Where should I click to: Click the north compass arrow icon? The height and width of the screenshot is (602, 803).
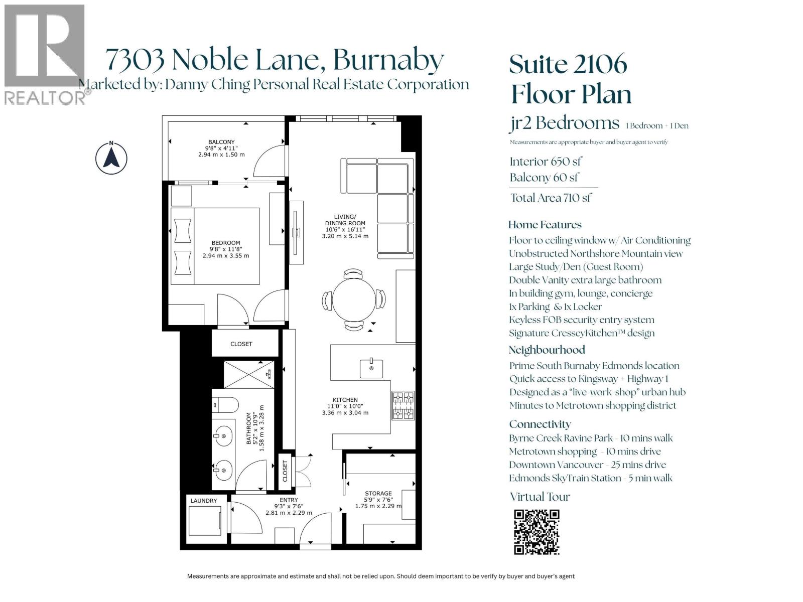111,158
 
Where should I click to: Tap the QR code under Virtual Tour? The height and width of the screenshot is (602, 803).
537,532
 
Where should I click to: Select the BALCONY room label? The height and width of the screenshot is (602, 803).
221,142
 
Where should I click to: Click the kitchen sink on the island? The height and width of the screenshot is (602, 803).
371,368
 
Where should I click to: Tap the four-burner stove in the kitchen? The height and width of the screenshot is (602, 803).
404,405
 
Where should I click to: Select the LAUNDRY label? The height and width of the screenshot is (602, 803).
204,501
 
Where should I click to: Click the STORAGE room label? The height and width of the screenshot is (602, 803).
378,494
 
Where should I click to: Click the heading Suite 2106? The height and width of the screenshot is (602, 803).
568,64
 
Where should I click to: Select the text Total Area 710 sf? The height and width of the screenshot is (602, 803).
551,198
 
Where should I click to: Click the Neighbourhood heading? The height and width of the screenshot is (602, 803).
547,350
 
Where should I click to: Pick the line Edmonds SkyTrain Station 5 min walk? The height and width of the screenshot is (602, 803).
590,478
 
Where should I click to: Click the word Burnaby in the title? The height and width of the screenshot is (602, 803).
388,59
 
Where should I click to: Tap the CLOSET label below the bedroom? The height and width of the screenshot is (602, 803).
241,344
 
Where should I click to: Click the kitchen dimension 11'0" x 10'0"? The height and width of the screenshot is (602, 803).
345,406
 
